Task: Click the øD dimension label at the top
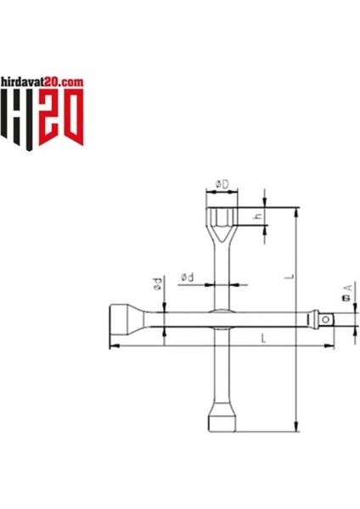point(220,184)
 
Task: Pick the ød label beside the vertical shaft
point(188,278)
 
